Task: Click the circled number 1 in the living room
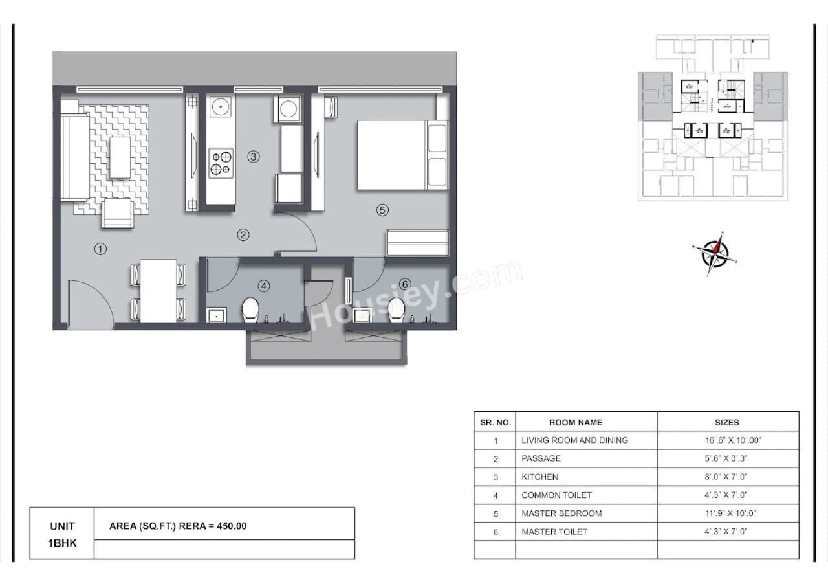pos(100,249)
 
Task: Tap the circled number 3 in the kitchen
pos(254,156)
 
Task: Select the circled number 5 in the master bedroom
pos(382,210)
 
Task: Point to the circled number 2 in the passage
pos(243,235)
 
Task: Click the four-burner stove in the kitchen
pos(221,163)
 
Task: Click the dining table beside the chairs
pos(158,291)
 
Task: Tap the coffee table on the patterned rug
pos(120,157)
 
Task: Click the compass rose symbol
pos(715,253)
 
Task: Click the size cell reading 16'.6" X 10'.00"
pos(727,440)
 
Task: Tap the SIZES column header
pos(727,422)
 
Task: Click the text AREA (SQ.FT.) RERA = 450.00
pos(178,526)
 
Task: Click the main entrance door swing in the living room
pos(89,303)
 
